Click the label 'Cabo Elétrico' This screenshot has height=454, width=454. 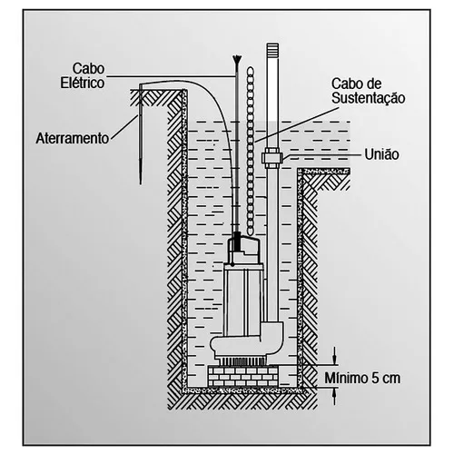(x=83, y=76)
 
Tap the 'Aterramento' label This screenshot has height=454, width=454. (x=73, y=139)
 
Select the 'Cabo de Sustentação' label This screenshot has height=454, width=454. (x=368, y=91)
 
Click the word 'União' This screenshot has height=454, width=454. (x=381, y=154)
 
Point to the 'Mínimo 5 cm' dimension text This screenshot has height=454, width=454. (x=362, y=378)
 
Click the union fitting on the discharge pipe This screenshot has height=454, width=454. (x=272, y=158)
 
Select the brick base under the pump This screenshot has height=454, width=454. (x=243, y=376)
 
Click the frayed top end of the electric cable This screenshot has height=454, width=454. (x=237, y=60)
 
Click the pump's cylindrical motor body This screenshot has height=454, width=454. (x=243, y=298)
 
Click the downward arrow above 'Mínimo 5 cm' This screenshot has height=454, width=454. (x=334, y=356)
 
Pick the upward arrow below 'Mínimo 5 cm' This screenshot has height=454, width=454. (x=334, y=397)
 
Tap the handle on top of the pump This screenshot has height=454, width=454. (x=243, y=246)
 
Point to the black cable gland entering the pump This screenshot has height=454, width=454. (x=238, y=242)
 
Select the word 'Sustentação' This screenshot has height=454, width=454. (x=368, y=98)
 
